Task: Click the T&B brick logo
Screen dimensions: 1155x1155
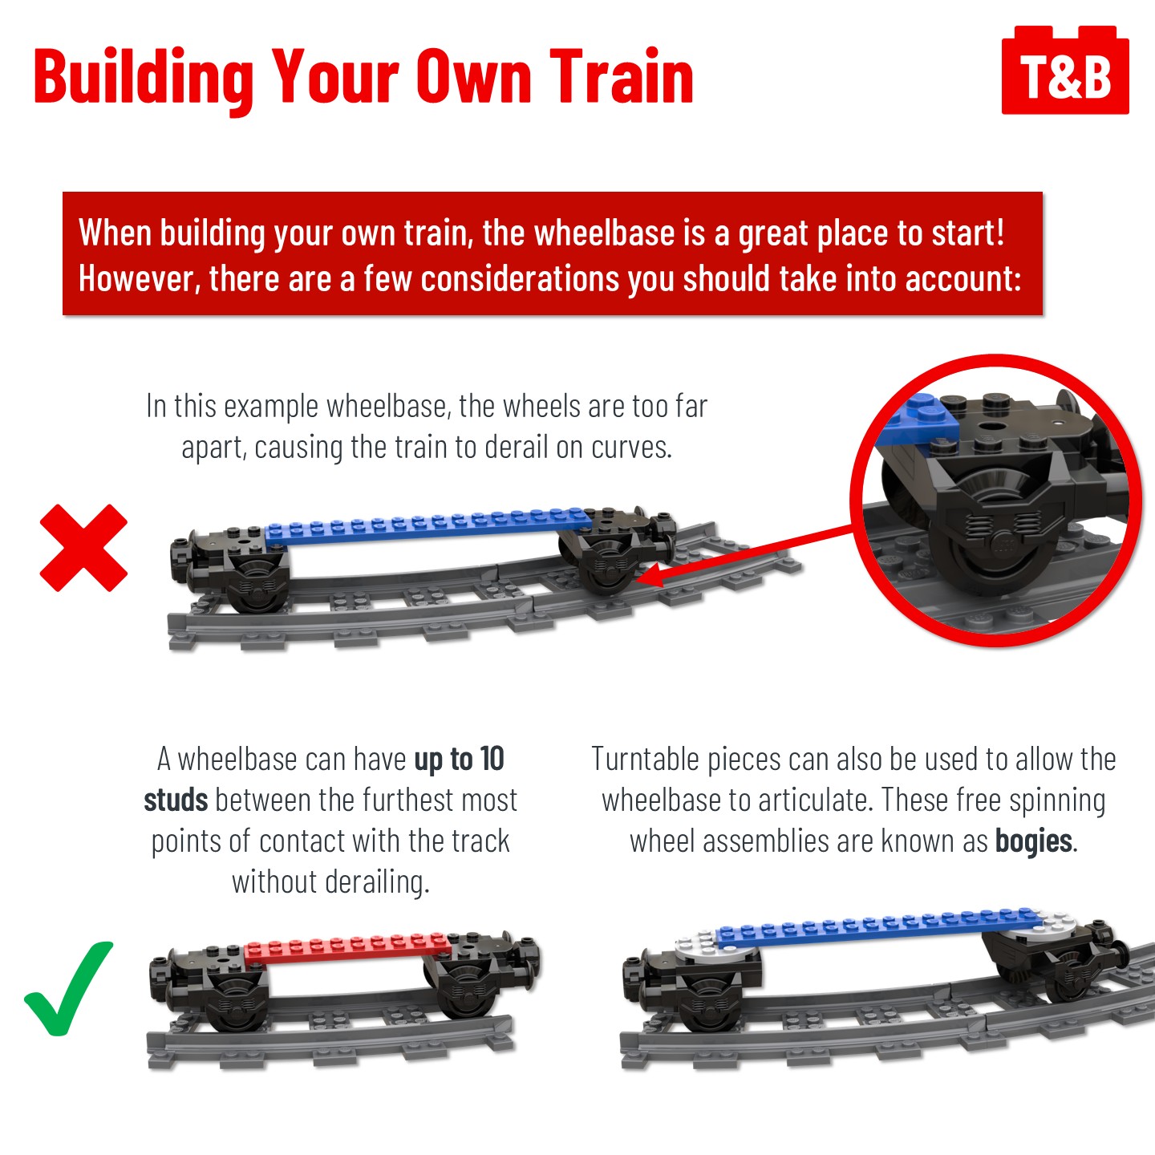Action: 1065,70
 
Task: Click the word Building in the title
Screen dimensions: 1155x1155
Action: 144,80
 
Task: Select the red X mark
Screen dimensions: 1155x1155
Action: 83,548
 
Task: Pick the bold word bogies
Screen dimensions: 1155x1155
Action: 1033,841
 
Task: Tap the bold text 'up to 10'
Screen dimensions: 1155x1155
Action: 459,760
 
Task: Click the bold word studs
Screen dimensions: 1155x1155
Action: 176,800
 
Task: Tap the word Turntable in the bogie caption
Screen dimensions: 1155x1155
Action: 645,760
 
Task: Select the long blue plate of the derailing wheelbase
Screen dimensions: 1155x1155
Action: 427,525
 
